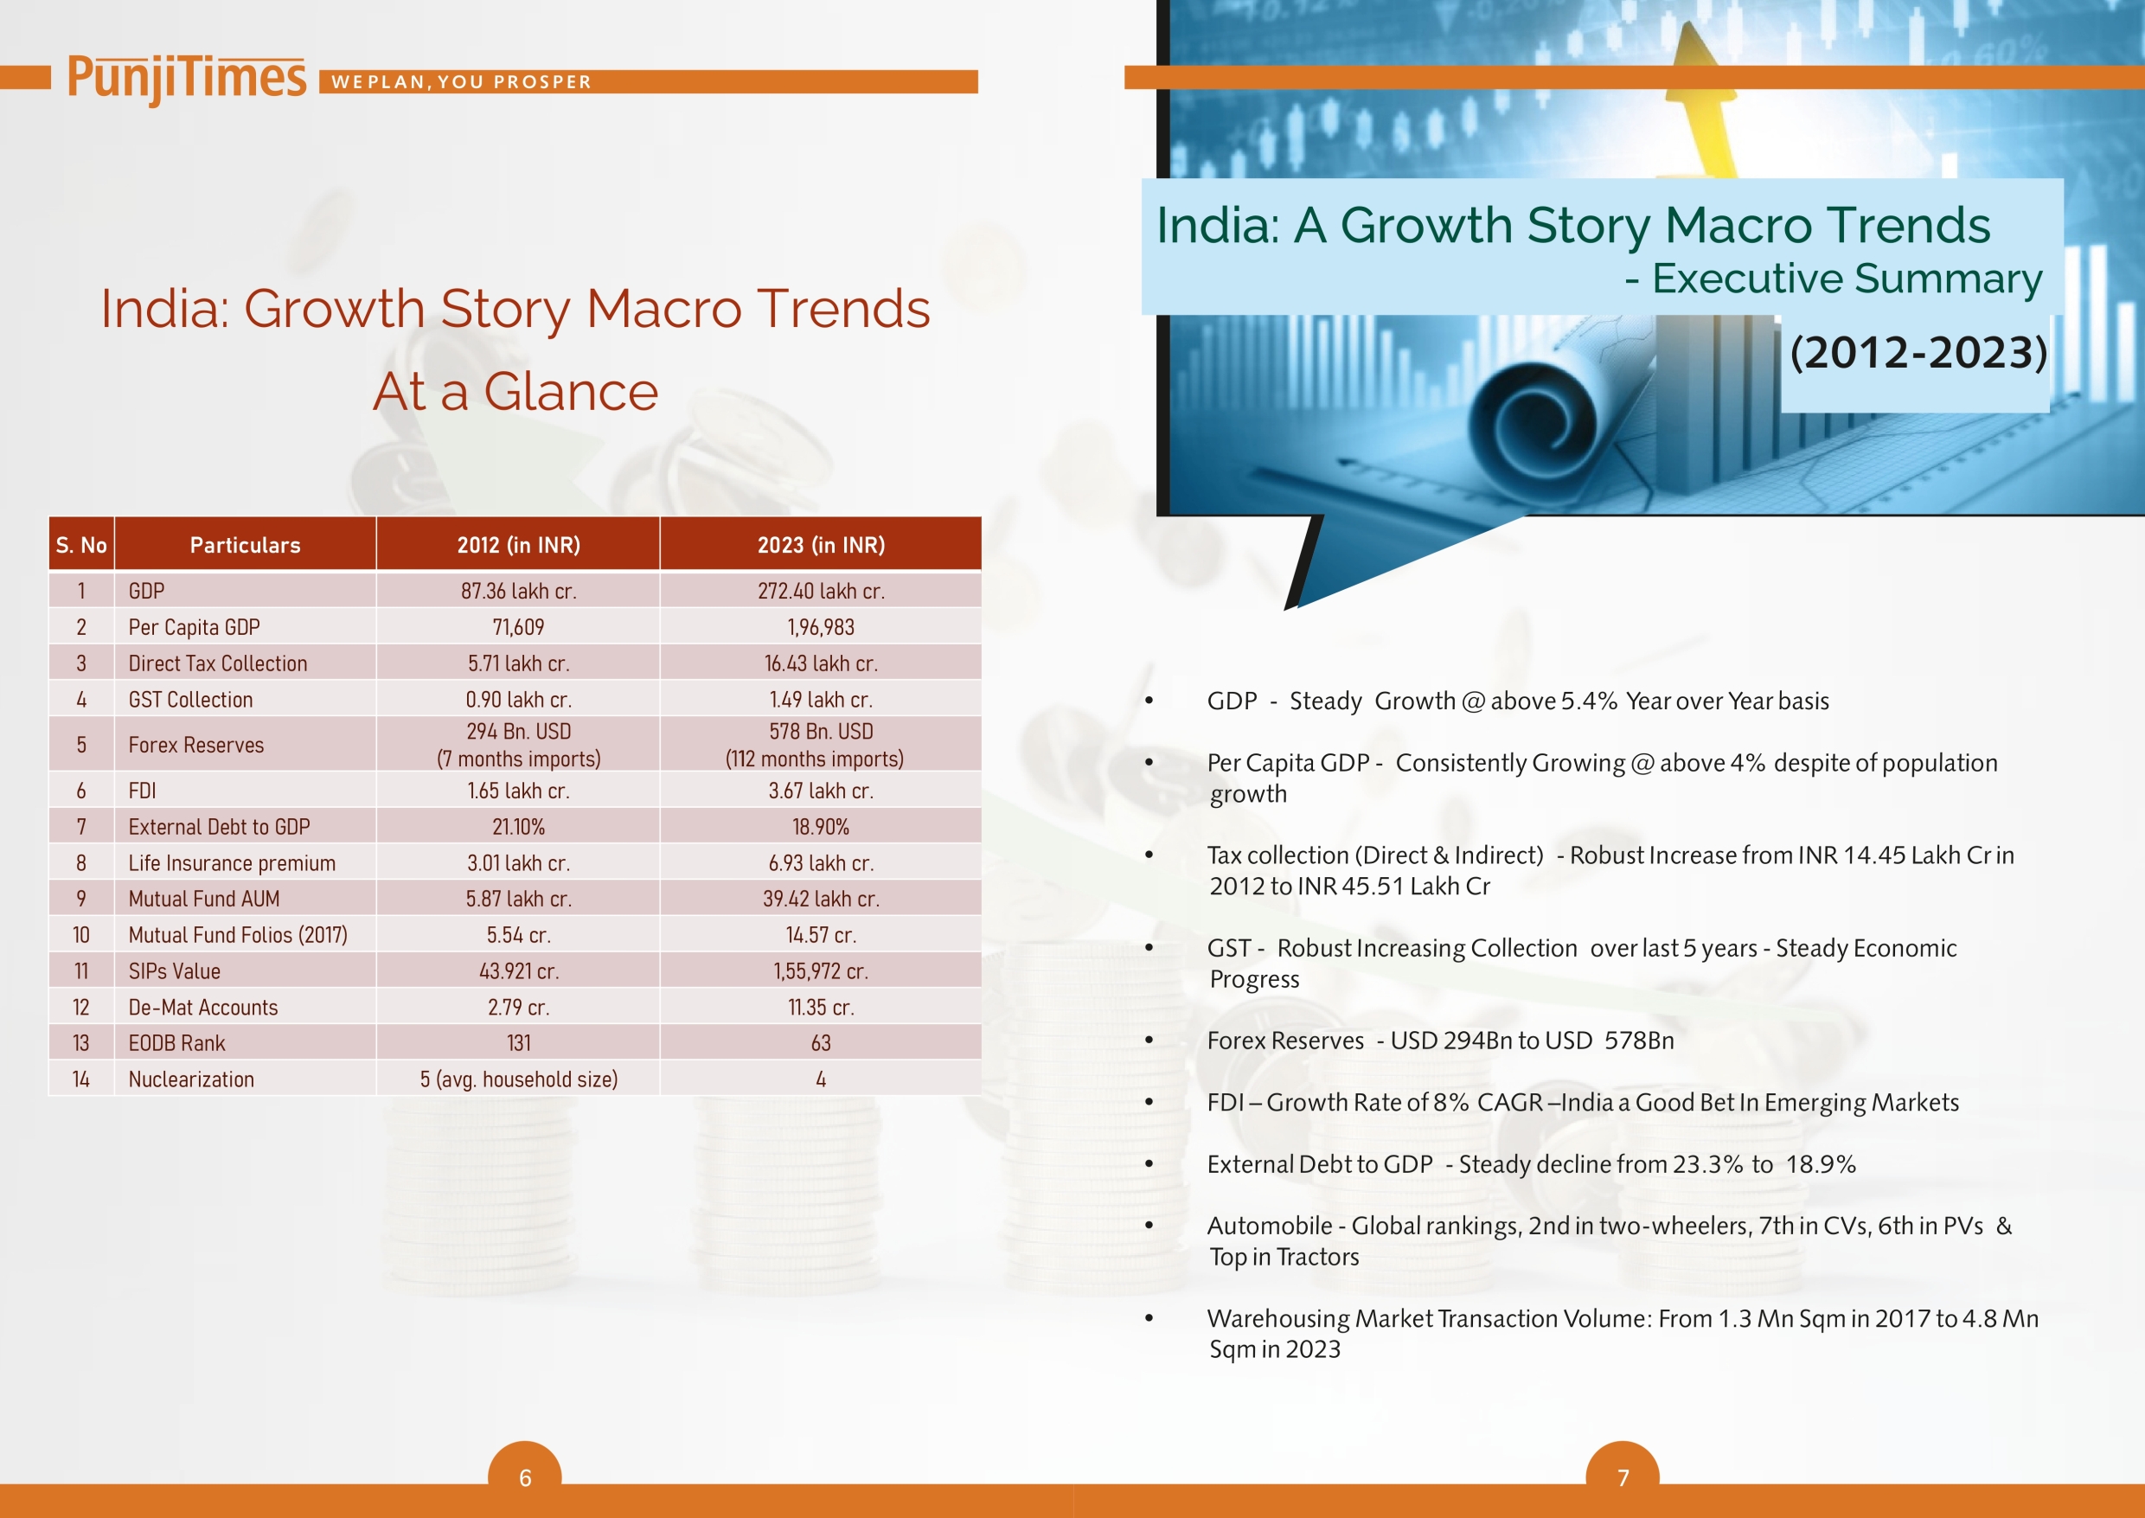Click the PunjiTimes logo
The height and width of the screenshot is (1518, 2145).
click(186, 79)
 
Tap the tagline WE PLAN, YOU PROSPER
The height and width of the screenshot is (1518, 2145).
click(462, 82)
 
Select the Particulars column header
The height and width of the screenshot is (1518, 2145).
click(245, 545)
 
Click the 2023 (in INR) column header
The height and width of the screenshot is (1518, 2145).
click(821, 545)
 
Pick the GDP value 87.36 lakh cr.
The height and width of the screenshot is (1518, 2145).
click(519, 591)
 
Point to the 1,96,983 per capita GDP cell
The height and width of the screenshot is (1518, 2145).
click(821, 627)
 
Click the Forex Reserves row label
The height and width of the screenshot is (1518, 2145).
click(196, 745)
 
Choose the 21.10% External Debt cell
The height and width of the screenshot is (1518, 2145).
click(519, 827)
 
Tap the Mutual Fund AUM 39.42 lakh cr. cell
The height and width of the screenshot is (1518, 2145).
click(821, 900)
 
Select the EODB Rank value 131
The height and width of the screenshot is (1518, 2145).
click(519, 1043)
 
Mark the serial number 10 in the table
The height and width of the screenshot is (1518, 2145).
click(81, 935)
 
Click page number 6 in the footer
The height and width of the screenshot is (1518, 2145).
click(525, 1478)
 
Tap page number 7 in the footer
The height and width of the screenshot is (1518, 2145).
click(1623, 1478)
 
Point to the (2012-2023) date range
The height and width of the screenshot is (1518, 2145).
click(1918, 352)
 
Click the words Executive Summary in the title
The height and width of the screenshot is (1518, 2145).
click(1847, 279)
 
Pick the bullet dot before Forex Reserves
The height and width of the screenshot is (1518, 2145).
click(1149, 1041)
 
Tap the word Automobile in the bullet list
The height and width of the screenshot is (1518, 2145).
click(1269, 1226)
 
